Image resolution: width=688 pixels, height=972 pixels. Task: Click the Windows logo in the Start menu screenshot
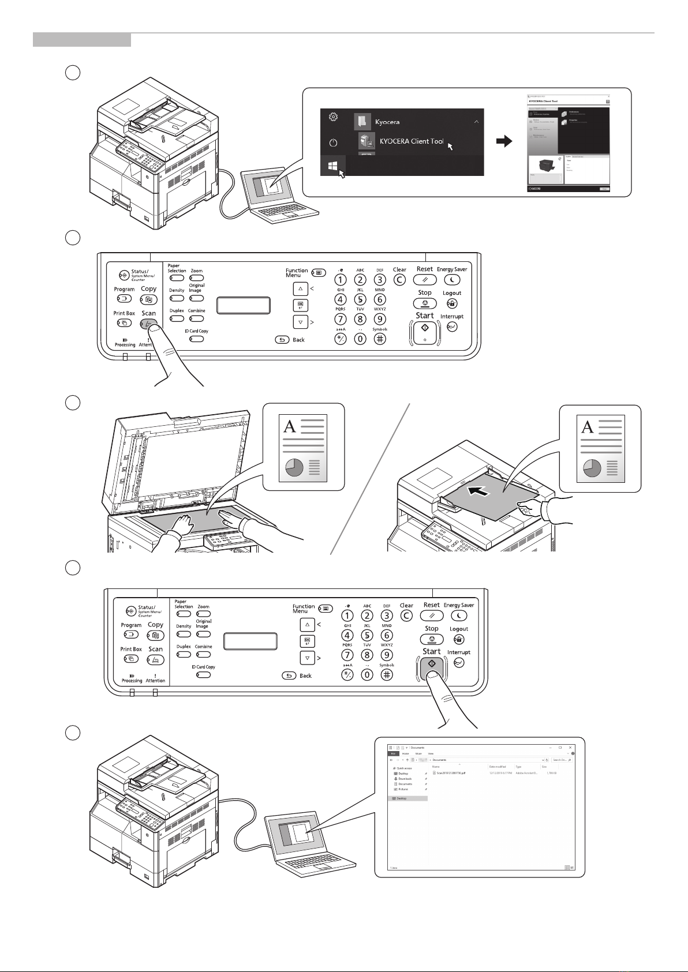tap(332, 166)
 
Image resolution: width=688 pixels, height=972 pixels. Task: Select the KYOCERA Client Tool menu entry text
tap(411, 141)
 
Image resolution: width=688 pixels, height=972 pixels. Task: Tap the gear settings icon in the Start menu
tap(333, 117)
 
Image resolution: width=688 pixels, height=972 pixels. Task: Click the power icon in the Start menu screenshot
tap(333, 142)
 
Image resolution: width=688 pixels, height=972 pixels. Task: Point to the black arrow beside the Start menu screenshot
tap(504, 141)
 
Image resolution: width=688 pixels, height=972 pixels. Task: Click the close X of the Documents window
tap(570, 748)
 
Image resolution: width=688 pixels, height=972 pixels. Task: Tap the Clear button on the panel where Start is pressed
tap(406, 616)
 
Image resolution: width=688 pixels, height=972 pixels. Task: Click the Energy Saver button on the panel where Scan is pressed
tap(452, 280)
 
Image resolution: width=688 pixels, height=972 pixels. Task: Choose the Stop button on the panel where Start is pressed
tap(432, 639)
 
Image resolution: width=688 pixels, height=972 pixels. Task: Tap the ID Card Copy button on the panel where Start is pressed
tap(203, 674)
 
